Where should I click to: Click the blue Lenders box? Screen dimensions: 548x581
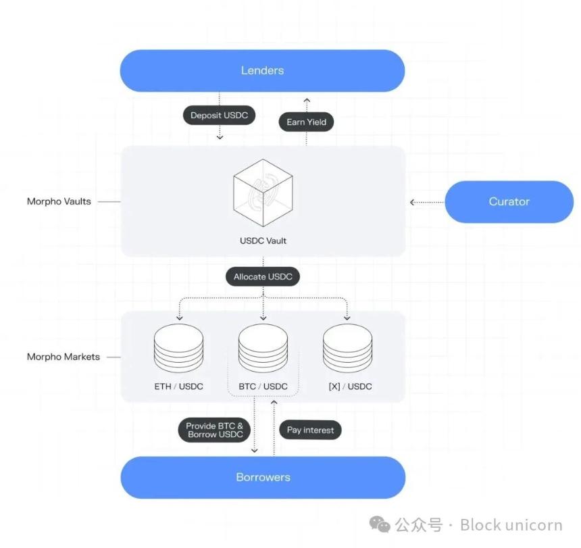(x=262, y=70)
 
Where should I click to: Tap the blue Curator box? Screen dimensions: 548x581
(x=509, y=201)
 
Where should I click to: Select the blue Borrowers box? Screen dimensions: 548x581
(x=263, y=477)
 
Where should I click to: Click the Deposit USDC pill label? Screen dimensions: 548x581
(x=219, y=116)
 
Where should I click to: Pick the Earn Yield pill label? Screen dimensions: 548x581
(x=306, y=122)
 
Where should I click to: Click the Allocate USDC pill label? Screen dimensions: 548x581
(x=263, y=277)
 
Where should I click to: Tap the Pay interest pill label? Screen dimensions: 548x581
(x=310, y=430)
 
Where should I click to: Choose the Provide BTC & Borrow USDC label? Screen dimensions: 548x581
(x=214, y=430)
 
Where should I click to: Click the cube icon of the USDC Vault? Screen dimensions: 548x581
(x=263, y=193)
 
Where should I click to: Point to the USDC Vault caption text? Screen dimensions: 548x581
(x=263, y=241)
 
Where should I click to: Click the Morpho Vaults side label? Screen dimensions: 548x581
(x=59, y=201)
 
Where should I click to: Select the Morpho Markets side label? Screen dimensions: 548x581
(x=63, y=357)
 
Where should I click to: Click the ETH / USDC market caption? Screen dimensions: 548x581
(x=178, y=387)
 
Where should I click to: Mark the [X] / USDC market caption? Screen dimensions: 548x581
(x=349, y=387)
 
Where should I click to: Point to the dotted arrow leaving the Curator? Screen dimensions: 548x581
(x=427, y=201)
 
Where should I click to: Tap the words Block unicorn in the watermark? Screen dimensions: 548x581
(x=511, y=525)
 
